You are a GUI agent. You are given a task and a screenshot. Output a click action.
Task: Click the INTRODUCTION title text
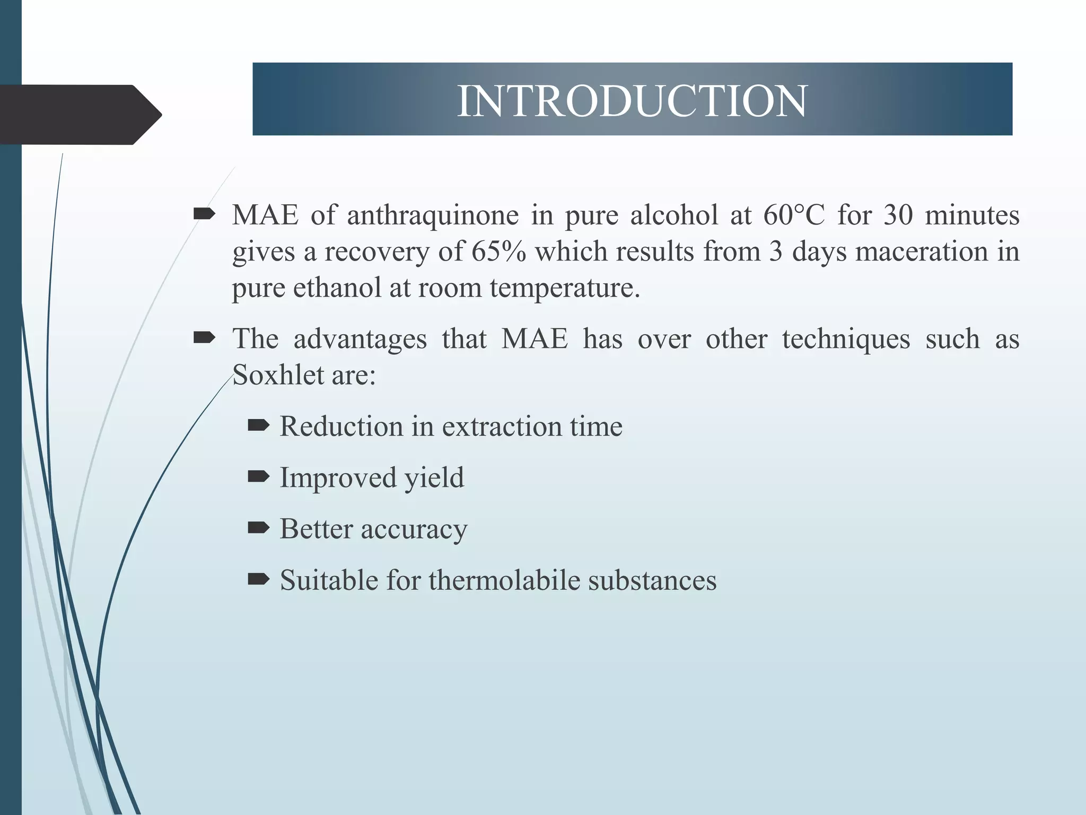(632, 101)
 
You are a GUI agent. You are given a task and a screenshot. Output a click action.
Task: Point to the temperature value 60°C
(794, 215)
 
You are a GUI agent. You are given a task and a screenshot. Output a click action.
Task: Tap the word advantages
(360, 339)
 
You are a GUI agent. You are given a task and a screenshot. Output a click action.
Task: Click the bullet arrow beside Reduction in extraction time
(259, 425)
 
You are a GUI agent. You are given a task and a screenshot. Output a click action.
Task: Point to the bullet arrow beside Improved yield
(259, 476)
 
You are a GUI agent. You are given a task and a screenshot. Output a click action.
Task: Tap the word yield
(434, 478)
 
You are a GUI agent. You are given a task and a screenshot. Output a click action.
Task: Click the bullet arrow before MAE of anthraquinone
(204, 214)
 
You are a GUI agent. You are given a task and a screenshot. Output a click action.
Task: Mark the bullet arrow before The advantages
(204, 337)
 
